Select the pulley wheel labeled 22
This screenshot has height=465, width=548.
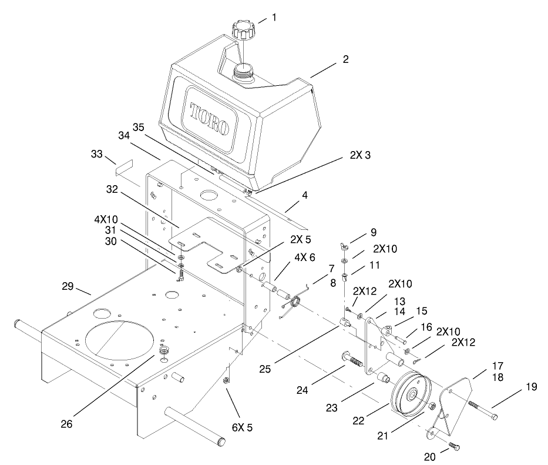pos(411,393)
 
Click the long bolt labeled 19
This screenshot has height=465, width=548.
pos(482,411)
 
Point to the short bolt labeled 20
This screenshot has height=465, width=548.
pos(453,446)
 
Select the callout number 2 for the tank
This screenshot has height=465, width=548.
pos(345,59)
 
